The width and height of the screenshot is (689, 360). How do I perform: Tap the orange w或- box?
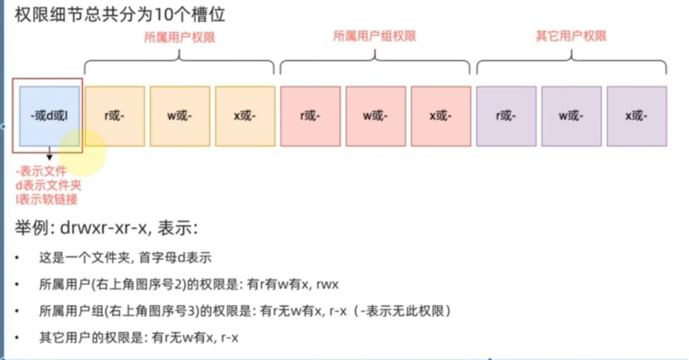tap(180, 115)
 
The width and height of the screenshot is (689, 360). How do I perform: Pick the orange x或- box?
tap(245, 115)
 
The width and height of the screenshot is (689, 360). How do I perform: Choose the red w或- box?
tap(375, 115)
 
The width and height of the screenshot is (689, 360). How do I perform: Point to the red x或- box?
tap(439, 115)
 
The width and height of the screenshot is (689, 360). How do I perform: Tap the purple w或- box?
tap(570, 115)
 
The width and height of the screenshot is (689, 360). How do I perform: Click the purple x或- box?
tap(636, 115)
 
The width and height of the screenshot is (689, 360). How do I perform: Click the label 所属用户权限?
tap(180, 36)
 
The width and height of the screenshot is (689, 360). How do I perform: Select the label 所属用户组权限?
tap(375, 36)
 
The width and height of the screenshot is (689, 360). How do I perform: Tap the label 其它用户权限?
tap(571, 36)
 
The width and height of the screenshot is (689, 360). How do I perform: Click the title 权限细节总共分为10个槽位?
tap(120, 14)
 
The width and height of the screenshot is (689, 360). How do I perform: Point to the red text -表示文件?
tap(41, 171)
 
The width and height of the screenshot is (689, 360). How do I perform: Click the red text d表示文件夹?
tap(47, 185)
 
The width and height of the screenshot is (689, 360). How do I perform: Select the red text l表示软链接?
tap(47, 199)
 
